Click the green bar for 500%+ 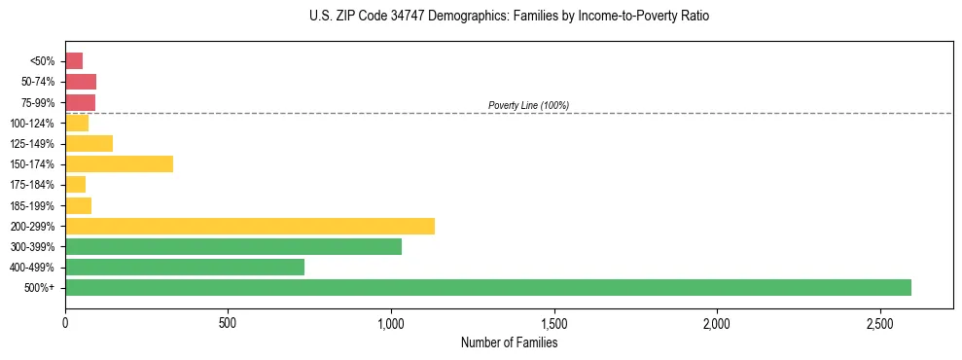click(487, 287)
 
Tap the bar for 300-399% click(233, 246)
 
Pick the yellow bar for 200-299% click(250, 226)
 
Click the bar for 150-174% click(119, 163)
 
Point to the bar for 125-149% click(89, 143)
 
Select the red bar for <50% click(74, 60)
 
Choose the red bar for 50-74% click(81, 81)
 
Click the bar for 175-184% click(75, 184)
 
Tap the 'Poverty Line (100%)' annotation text click(528, 105)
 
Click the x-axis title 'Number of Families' click(509, 342)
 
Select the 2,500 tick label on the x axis click(879, 323)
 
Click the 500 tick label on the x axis click(228, 323)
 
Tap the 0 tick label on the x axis click(65, 323)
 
